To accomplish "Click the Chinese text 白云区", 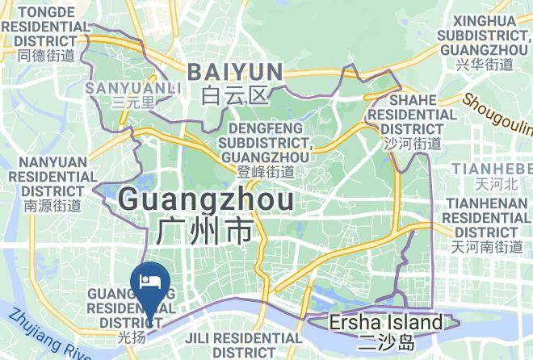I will pyautogui.click(x=234, y=97).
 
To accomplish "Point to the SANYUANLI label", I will pyautogui.click(x=124, y=86).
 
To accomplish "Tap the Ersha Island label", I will pyautogui.click(x=386, y=323).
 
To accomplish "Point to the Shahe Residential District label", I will pyautogui.click(x=412, y=114).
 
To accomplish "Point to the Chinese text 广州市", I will pyautogui.click(x=205, y=232).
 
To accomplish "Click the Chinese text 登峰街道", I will pyautogui.click(x=266, y=171).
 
